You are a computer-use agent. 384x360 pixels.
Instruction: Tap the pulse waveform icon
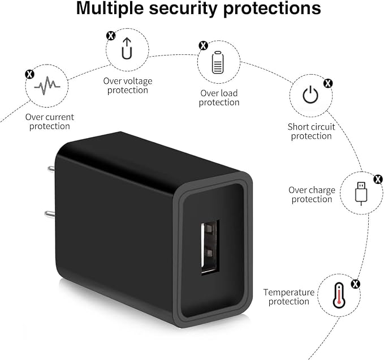click(x=47, y=85)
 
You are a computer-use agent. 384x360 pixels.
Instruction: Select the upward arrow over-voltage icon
click(x=127, y=49)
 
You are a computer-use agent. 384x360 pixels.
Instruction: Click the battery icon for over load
click(x=218, y=62)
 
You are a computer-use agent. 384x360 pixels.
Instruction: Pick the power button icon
click(x=310, y=95)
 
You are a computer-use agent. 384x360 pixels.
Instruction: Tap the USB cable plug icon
click(x=361, y=194)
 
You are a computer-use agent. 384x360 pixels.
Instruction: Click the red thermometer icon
click(x=339, y=295)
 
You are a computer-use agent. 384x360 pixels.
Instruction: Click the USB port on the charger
click(x=210, y=247)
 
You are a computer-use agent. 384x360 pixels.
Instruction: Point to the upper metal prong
click(x=51, y=169)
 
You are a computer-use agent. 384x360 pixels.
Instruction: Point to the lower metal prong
click(x=50, y=214)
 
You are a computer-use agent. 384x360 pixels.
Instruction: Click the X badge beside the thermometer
click(x=355, y=284)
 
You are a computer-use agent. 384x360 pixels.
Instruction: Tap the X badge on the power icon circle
click(x=328, y=83)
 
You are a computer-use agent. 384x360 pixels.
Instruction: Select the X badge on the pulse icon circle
click(x=29, y=74)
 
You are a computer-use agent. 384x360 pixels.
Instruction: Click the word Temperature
click(x=289, y=293)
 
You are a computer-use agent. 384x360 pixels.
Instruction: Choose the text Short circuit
click(x=311, y=127)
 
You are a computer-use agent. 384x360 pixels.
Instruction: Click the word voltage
click(x=137, y=81)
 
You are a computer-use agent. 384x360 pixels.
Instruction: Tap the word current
click(x=59, y=117)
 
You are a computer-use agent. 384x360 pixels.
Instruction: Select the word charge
click(x=322, y=190)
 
